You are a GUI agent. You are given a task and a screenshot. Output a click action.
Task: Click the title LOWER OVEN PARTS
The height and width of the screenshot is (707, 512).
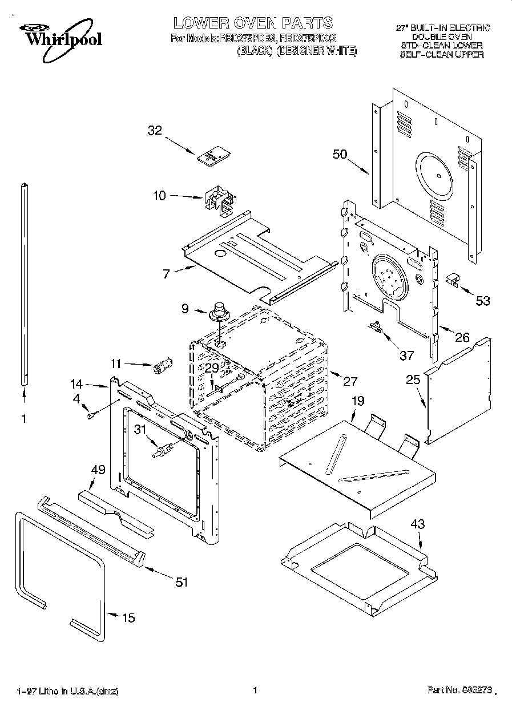point(253,23)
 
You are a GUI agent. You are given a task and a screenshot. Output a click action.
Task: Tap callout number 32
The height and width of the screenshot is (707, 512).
point(155,130)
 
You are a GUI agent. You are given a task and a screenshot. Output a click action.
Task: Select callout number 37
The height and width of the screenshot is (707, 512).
point(406,355)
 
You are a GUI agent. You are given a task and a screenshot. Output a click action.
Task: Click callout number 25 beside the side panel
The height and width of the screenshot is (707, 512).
point(413,379)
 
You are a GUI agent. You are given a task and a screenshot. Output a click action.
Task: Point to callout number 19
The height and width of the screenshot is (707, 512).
point(357,401)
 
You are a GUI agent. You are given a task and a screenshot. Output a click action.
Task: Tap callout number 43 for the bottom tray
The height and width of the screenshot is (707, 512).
point(418,524)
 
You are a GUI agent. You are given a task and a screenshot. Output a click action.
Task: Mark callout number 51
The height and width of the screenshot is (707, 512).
point(181,581)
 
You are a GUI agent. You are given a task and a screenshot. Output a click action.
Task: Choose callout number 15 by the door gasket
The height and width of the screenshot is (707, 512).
point(129,618)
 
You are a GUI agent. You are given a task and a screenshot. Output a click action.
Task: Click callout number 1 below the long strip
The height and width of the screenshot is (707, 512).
point(24,418)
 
